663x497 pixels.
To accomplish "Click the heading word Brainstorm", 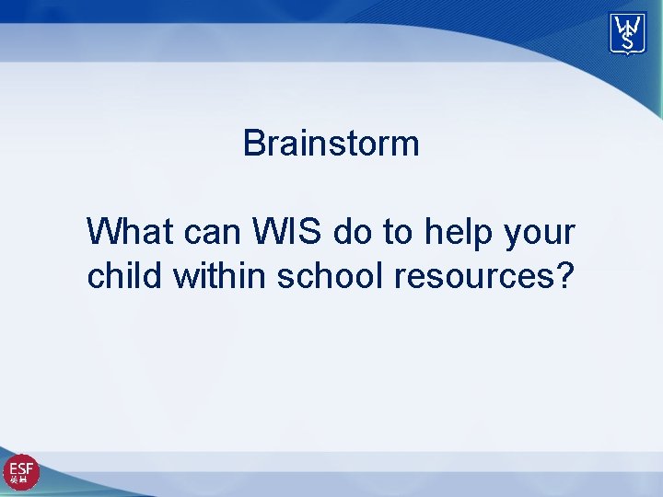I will (x=331, y=144).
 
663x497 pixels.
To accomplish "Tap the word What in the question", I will (x=131, y=232).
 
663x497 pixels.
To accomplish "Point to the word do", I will (x=353, y=232).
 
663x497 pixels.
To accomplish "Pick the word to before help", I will (x=398, y=232).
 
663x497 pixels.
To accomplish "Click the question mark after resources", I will (x=562, y=275).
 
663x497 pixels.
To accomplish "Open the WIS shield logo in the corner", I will (x=627, y=33).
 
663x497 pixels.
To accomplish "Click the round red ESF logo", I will (x=21, y=472).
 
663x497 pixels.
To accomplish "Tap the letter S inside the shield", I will (x=628, y=41).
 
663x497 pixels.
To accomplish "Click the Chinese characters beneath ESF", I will (x=20, y=480).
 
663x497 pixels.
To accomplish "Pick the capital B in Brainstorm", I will (x=254, y=144).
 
